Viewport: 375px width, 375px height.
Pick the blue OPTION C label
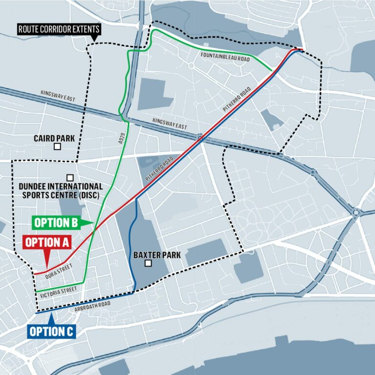click(51, 332)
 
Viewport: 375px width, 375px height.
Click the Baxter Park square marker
click(148, 264)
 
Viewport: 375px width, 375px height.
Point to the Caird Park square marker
click(57, 146)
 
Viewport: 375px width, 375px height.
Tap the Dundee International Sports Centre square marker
click(70, 177)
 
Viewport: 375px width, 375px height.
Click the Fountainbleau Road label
click(225, 57)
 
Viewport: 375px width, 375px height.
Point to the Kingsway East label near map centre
click(169, 123)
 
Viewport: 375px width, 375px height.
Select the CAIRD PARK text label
click(54, 138)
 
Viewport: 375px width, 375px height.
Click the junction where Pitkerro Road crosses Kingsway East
click(200, 138)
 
